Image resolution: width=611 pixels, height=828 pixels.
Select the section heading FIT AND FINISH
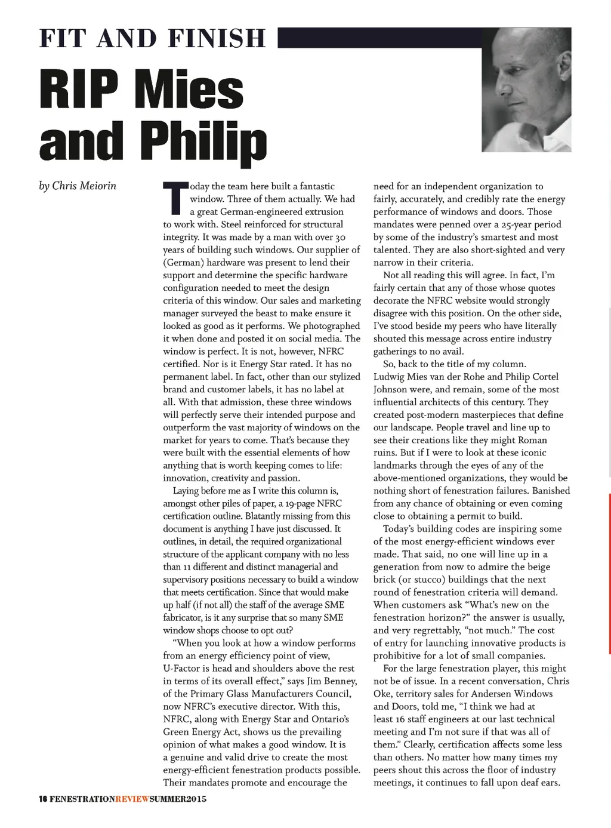[x=152, y=38]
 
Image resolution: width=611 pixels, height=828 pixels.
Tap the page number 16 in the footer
[x=43, y=799]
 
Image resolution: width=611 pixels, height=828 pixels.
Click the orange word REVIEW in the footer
[x=132, y=799]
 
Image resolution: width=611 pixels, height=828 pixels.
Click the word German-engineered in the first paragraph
[x=262, y=212]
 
